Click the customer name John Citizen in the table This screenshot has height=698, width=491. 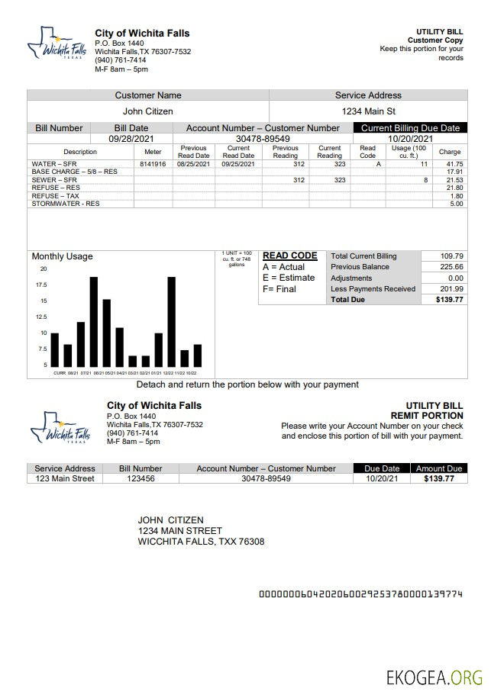click(148, 111)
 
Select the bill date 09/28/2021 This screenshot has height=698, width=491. click(131, 139)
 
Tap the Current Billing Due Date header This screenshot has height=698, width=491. click(410, 128)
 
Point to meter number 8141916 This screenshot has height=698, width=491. click(153, 164)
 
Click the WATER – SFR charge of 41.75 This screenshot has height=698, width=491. click(454, 164)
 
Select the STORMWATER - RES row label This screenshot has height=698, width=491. click(66, 204)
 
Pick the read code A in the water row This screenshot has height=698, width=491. click(367, 164)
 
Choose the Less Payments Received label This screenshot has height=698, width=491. click(373, 289)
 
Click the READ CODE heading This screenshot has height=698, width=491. click(289, 256)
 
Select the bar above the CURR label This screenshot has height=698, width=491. click(54, 349)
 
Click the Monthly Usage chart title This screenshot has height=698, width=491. click(62, 256)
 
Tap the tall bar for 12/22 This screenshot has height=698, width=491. click(172, 321)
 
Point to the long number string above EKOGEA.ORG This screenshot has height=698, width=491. click(360, 593)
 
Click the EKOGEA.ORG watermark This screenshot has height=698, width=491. click(434, 677)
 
